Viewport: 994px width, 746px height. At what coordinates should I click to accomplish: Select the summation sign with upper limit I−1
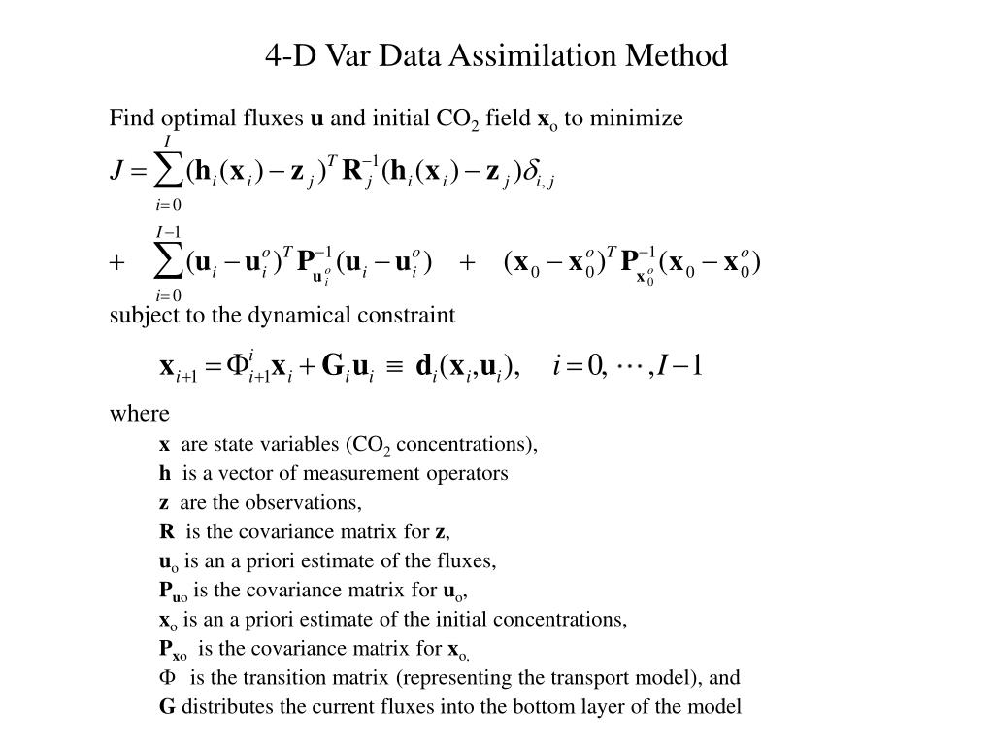pyautogui.click(x=170, y=263)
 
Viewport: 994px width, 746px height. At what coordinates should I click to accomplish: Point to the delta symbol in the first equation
pyautogui.click(x=530, y=172)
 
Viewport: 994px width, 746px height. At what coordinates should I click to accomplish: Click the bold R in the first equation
pyautogui.click(x=353, y=172)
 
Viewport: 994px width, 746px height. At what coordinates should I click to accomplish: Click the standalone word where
pyautogui.click(x=139, y=414)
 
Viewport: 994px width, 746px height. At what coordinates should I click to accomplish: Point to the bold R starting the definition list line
pyautogui.click(x=167, y=531)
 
